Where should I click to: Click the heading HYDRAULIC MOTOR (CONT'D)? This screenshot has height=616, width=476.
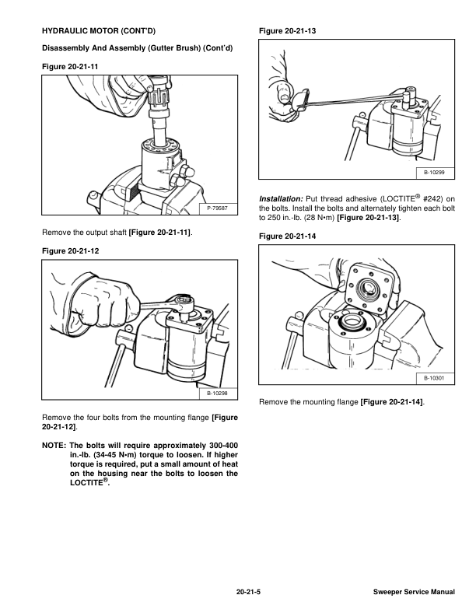tap(99, 30)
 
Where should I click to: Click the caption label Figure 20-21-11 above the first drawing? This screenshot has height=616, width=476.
tap(70, 66)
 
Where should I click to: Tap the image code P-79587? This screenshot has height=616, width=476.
tap(217, 208)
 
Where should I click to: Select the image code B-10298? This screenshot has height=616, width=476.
tap(217, 394)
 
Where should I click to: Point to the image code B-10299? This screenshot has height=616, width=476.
tap(434, 173)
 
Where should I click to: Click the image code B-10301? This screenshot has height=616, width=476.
tap(434, 378)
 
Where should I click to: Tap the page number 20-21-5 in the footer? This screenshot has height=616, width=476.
tap(248, 592)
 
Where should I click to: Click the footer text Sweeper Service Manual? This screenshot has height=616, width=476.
tap(414, 592)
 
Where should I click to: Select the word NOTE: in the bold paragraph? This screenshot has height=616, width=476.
tap(54, 446)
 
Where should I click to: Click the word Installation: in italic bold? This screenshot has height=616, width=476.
tap(281, 199)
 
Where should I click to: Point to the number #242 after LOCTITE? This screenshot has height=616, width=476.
tap(433, 199)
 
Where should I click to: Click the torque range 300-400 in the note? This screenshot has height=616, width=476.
tap(223, 446)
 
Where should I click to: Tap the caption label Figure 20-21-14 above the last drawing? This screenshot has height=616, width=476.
tap(287, 236)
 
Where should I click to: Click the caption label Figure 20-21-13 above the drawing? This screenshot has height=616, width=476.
tap(287, 30)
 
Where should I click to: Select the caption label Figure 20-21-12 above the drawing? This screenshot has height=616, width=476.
tap(70, 250)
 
